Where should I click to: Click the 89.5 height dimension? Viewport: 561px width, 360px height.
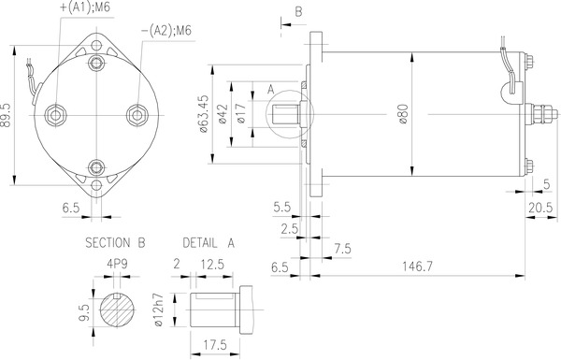pyautogui.click(x=6, y=116)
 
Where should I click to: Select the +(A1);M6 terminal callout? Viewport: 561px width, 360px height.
pyautogui.click(x=84, y=7)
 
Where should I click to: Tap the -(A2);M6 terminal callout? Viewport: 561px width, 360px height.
pyautogui.click(x=166, y=31)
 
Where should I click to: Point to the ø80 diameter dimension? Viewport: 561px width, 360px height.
pyautogui.click(x=403, y=114)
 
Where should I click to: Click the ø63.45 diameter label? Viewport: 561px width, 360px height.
pyautogui.click(x=203, y=114)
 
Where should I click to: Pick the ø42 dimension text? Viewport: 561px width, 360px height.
pyautogui.click(x=223, y=114)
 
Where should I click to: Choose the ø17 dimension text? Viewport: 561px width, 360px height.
pyautogui.click(x=241, y=113)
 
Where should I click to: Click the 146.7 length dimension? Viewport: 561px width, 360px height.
pyautogui.click(x=417, y=266)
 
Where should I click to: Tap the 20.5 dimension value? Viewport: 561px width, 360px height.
pyautogui.click(x=540, y=208)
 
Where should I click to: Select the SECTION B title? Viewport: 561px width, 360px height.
pyautogui.click(x=115, y=243)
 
